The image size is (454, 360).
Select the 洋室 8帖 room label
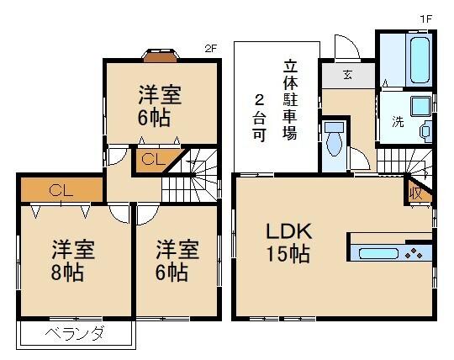click(72, 260)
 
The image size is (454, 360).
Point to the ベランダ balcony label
click(75, 334)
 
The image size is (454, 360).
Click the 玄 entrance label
click(347, 74)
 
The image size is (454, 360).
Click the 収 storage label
click(416, 193)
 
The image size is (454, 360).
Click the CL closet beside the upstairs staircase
click(152, 158)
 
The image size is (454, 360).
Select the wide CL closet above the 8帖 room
click(60, 188)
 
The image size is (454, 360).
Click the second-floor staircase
click(195, 176)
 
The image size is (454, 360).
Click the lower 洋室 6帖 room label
click(177, 260)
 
